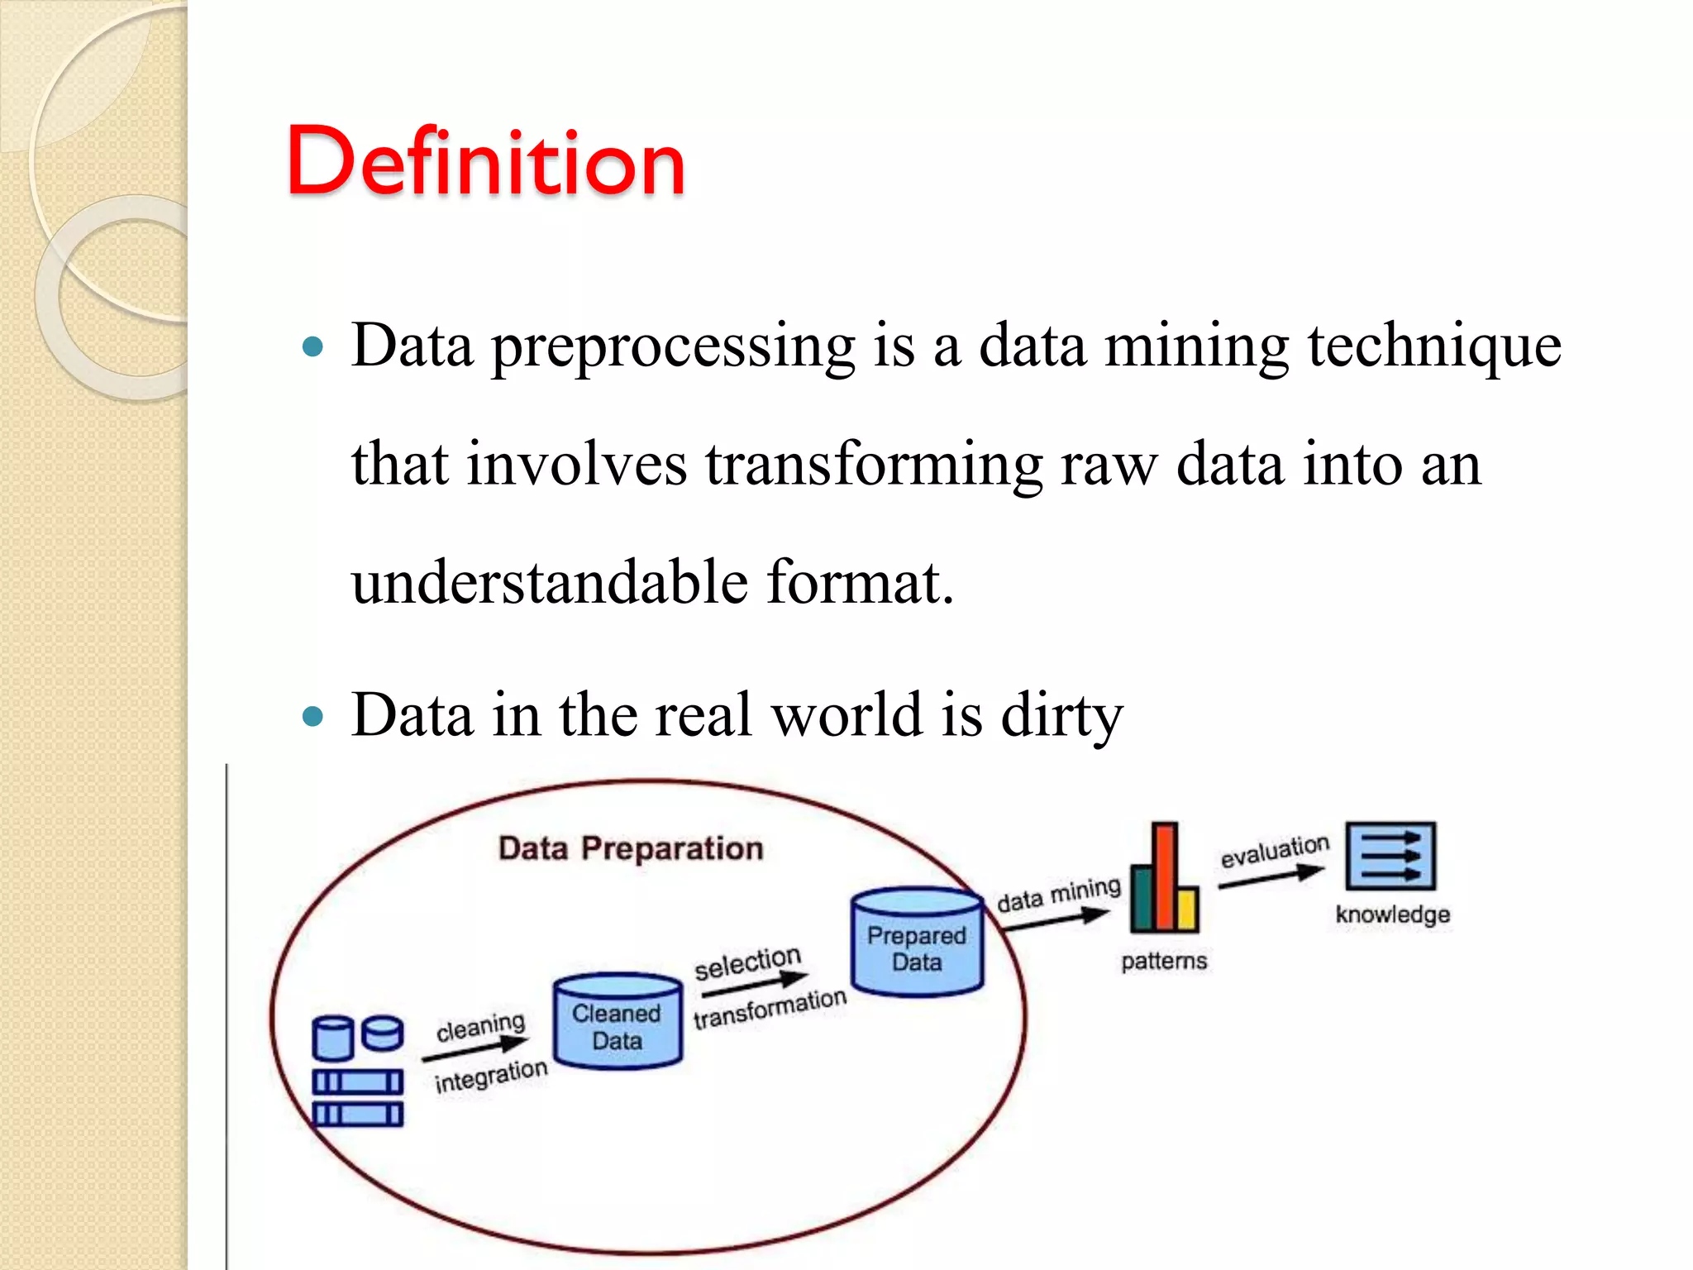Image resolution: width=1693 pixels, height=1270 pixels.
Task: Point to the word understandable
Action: pos(550,582)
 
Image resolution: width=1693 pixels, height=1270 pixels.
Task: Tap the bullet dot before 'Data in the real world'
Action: pos(312,715)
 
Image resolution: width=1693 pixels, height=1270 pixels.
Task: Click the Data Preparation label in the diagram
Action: pos(631,848)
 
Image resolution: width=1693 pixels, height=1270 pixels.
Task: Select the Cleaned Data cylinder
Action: pos(618,1022)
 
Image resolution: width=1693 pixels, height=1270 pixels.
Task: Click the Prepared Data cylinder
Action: pos(917,943)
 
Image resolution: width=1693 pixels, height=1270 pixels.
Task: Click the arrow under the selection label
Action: pos(754,983)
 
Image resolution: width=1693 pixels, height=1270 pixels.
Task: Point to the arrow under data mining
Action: pos(1055,919)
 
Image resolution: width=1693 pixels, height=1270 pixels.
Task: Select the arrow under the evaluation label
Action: pos(1271,877)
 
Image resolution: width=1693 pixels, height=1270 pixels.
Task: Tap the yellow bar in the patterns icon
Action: pos(1187,909)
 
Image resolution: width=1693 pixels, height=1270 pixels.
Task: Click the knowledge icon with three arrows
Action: pos(1390,856)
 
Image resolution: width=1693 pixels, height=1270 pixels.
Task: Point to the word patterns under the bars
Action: pos(1164,961)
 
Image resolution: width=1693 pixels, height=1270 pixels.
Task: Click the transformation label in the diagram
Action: pos(770,1009)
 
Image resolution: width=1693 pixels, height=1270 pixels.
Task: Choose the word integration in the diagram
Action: pos(491,1077)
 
